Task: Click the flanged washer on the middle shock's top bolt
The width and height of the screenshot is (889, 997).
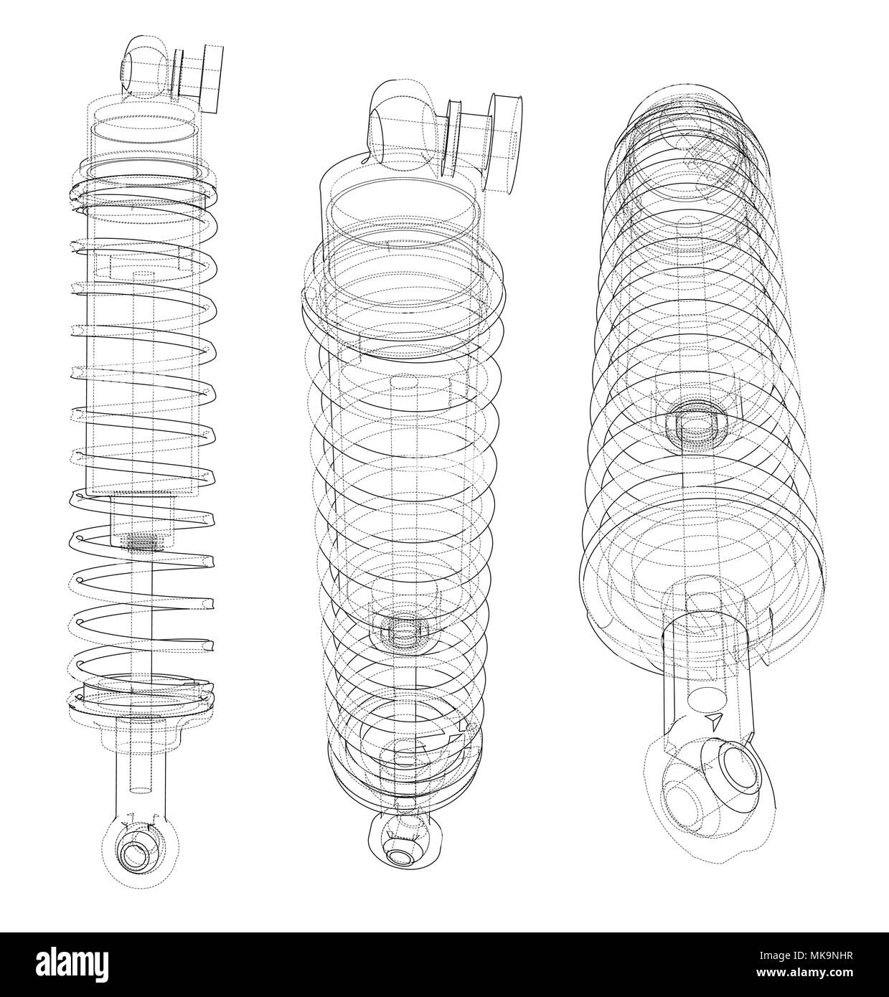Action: [453, 136]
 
